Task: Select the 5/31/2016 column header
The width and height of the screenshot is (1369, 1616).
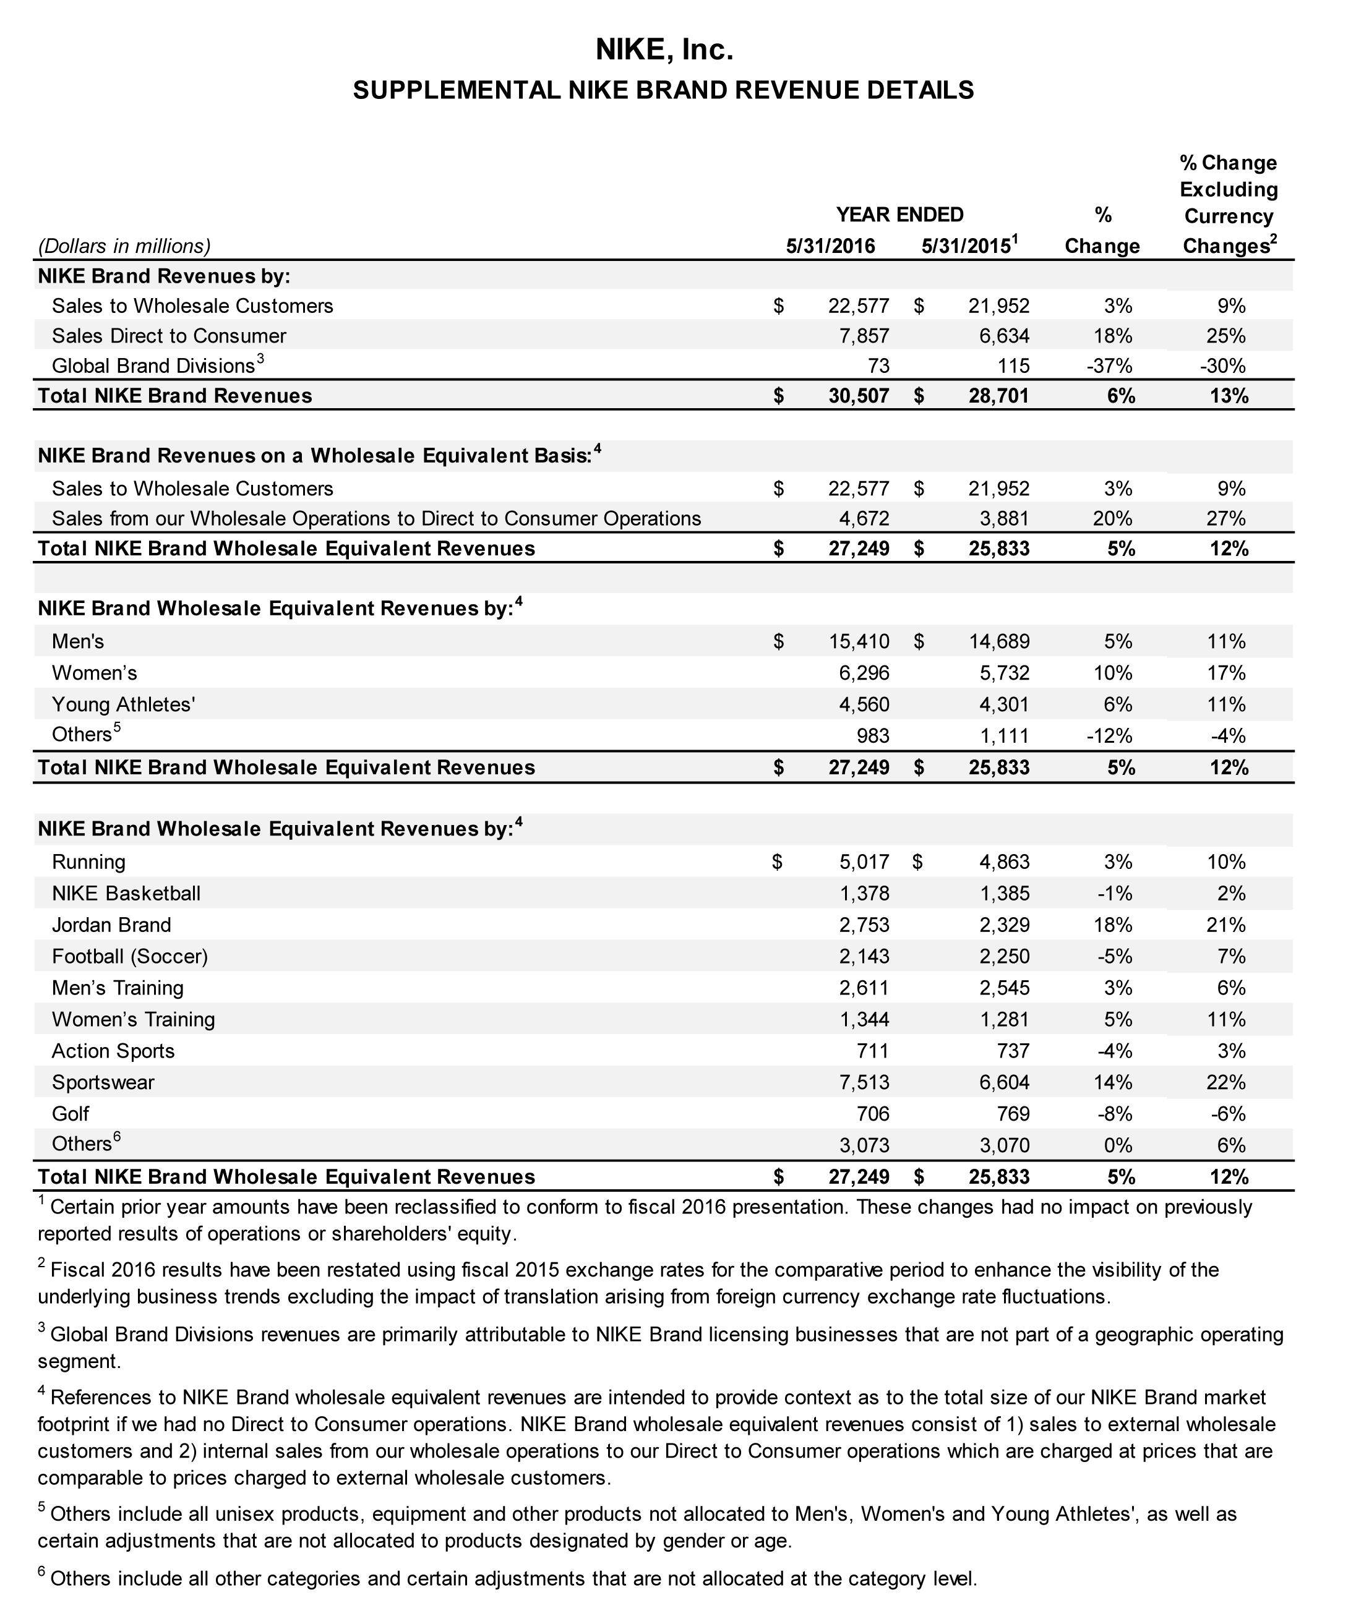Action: coord(830,247)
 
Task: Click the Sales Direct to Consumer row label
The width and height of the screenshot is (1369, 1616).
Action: coord(168,336)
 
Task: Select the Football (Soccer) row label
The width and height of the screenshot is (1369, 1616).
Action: coord(130,957)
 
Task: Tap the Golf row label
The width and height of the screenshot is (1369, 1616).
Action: coord(70,1114)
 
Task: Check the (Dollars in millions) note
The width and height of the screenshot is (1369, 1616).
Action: coord(124,247)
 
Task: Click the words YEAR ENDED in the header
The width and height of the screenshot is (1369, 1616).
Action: coord(899,214)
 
